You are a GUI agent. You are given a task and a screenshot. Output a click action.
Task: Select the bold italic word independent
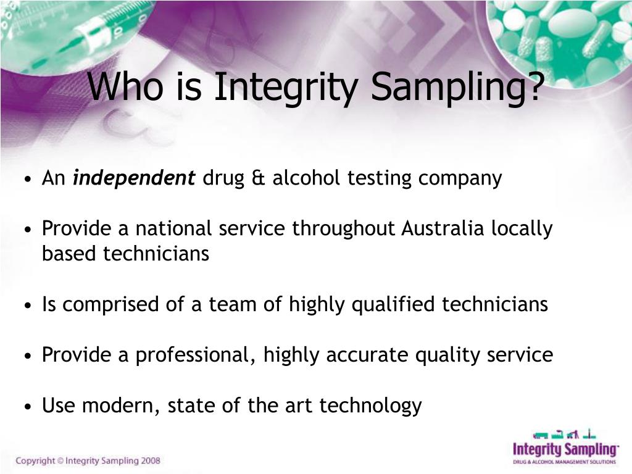pos(134,178)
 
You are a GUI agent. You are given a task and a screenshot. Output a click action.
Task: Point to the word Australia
pos(443,229)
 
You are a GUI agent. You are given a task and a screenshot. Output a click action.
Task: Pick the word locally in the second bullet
pos(522,229)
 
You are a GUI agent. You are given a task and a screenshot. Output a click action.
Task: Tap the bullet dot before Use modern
pos(30,407)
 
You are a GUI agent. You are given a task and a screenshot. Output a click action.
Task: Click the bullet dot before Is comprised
pos(30,306)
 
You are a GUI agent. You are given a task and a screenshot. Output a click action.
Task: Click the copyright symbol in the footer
pos(60,460)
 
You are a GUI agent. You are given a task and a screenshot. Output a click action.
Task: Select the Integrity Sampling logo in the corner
pos(565,446)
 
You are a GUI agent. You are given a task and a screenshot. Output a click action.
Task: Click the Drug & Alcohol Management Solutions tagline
pos(565,461)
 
